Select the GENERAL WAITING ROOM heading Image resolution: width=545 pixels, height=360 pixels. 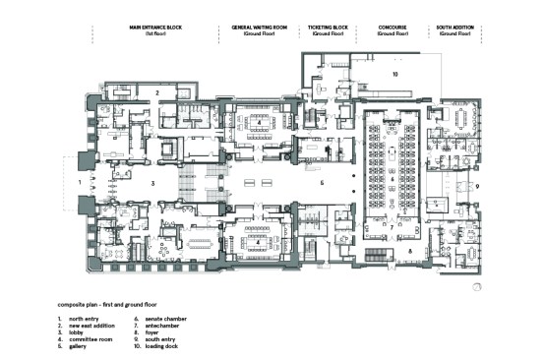point(259,29)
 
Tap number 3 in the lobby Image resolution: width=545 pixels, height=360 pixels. point(152,184)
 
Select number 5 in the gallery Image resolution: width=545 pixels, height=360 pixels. point(321,184)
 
